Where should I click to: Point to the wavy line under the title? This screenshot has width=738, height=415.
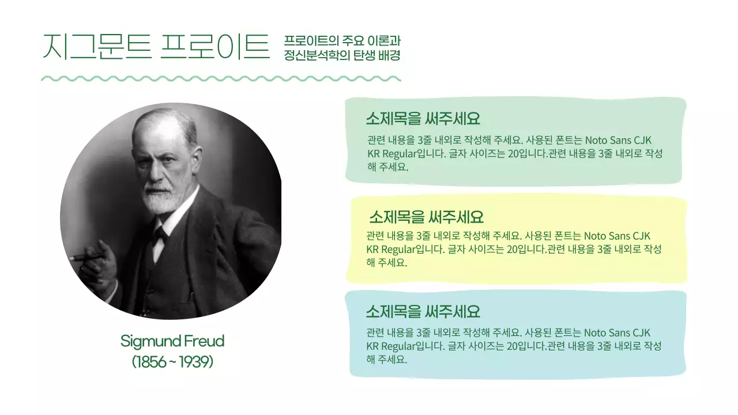[x=221, y=78]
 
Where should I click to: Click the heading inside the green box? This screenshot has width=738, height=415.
[x=423, y=119]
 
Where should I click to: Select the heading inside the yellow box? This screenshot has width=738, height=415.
[x=426, y=217]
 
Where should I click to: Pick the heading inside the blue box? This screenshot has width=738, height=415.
[x=423, y=312]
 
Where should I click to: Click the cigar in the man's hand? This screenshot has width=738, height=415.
[x=86, y=257]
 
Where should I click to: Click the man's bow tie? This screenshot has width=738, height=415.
[x=160, y=233]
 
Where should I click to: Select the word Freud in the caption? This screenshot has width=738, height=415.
[x=204, y=341]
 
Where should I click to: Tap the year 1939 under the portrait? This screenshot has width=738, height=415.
[x=195, y=362]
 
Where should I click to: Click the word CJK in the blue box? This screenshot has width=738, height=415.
[x=641, y=333]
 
